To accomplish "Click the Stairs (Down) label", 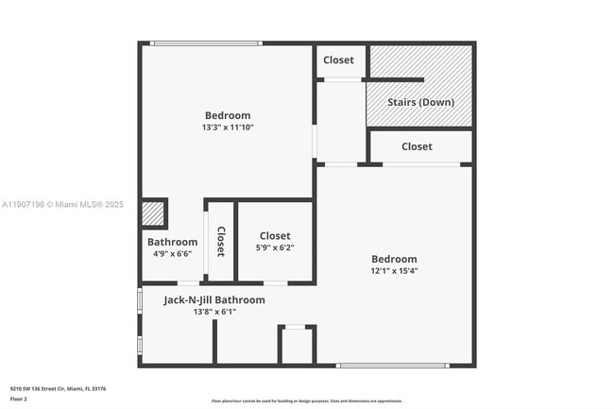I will [421, 102].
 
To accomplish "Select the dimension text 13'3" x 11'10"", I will [228, 127].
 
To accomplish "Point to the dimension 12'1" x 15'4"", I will [394, 270].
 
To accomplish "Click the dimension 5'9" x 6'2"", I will [275, 247].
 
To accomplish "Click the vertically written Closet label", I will [221, 242].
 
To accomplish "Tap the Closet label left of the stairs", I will [338, 60].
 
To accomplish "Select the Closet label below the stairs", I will [417, 146].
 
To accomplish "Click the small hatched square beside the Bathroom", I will [153, 213].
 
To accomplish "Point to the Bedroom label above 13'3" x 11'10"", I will [228, 115].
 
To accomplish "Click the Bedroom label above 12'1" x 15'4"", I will [394, 259].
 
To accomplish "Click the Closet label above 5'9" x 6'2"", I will [275, 236].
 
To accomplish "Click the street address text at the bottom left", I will [58, 388].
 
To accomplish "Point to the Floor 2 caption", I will [20, 399].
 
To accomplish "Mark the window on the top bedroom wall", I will [206, 43].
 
